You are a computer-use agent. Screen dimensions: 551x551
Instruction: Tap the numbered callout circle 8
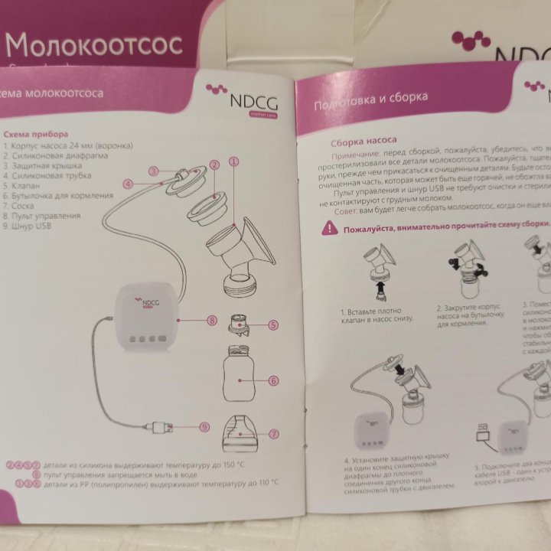tap(212, 321)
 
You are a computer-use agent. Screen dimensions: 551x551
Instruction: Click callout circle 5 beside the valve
tap(273, 325)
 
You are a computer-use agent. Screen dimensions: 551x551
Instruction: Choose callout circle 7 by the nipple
tap(273, 433)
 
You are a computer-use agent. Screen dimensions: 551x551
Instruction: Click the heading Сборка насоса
tap(363, 142)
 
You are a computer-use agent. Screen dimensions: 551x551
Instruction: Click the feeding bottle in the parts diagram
tap(238, 374)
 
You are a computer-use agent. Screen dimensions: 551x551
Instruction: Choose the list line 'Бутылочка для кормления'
tap(54, 196)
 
